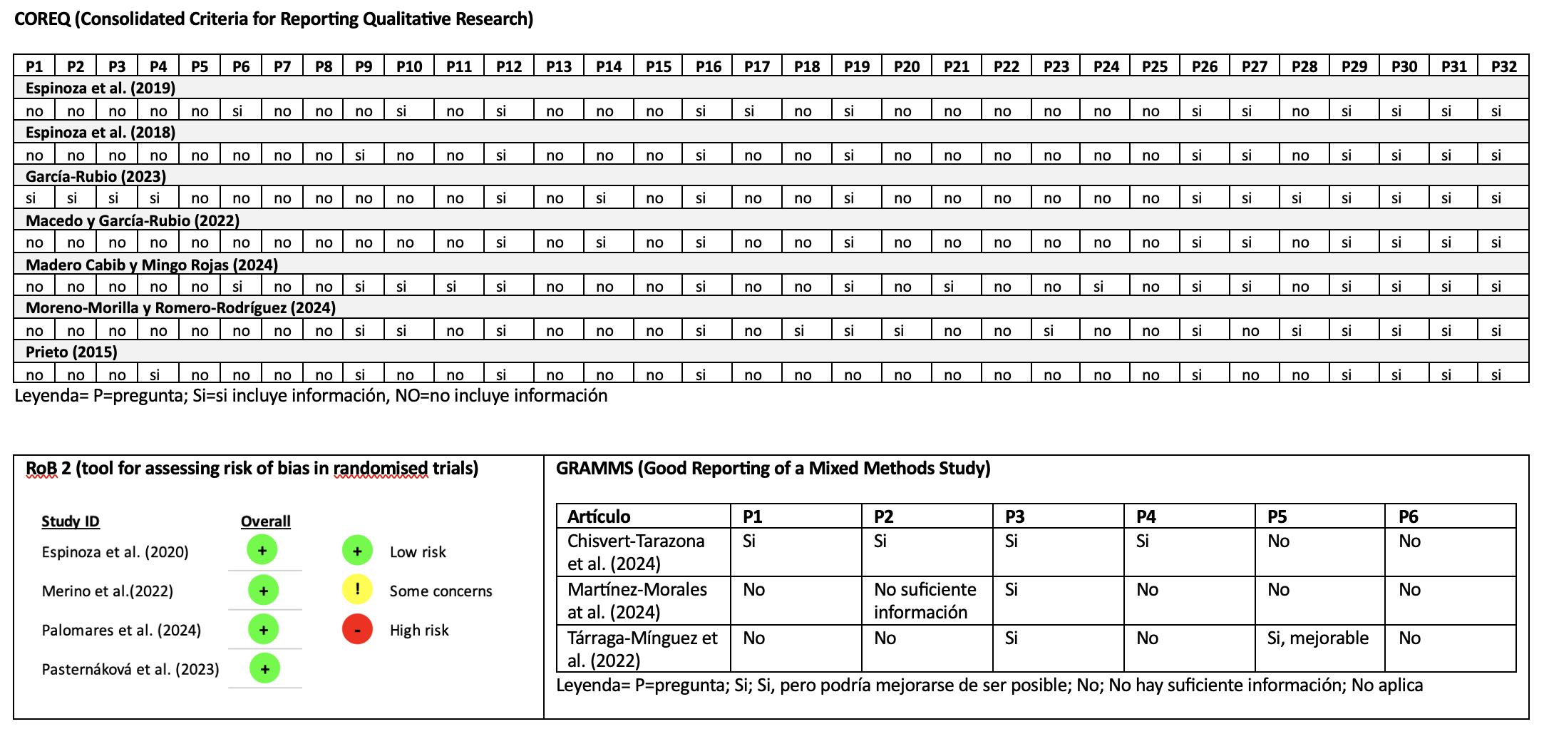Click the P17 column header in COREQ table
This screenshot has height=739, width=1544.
756,66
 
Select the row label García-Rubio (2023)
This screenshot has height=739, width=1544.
96,176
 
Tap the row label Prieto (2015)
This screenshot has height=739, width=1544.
71,352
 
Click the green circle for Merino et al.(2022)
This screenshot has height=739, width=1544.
263,591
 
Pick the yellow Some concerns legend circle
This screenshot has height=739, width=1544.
357,590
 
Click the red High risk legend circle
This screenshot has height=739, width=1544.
357,629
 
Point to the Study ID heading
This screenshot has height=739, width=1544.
71,521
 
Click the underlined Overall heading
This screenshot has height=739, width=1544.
265,521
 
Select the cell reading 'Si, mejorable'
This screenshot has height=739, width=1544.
1317,638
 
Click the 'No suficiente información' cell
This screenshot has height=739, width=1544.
925,601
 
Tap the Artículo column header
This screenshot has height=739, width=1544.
599,516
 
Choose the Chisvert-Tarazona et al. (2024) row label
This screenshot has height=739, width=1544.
635,552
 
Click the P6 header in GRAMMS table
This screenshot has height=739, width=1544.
1408,516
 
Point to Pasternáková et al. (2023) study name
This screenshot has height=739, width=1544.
130,669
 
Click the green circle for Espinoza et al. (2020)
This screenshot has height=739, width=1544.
262,551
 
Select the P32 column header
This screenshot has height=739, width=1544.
1503,66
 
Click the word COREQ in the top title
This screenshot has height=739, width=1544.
42,19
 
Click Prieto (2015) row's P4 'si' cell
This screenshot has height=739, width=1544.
155,374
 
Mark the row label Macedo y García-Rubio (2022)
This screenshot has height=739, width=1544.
133,220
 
